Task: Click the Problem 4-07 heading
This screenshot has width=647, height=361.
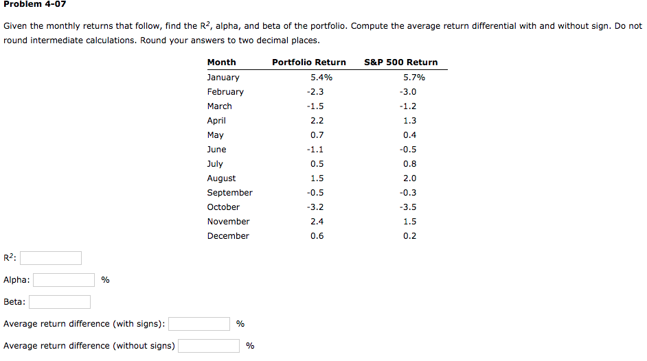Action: [34, 5]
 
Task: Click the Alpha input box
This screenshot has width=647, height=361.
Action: [64, 280]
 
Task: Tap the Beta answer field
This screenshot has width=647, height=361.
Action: [60, 302]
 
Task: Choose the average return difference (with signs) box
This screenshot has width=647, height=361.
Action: [199, 324]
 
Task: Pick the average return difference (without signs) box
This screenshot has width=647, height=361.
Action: [209, 346]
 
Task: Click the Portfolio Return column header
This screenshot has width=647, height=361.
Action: [309, 62]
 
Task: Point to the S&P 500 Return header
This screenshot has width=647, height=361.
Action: [400, 62]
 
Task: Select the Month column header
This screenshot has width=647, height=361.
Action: [221, 62]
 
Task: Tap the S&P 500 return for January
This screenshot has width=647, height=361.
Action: [414, 78]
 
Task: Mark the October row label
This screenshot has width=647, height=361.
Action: [223, 207]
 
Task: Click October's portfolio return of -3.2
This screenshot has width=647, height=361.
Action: [316, 207]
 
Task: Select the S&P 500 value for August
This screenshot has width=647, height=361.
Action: [410, 178]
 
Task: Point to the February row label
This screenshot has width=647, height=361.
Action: [225, 92]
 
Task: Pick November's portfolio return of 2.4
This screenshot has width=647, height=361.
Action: [317, 222]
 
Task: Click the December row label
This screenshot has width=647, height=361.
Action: [228, 236]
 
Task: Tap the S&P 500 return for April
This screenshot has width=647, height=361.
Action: [410, 121]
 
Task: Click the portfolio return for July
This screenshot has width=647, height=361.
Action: [317, 164]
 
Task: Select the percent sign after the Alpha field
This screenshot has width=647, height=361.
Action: [105, 280]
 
